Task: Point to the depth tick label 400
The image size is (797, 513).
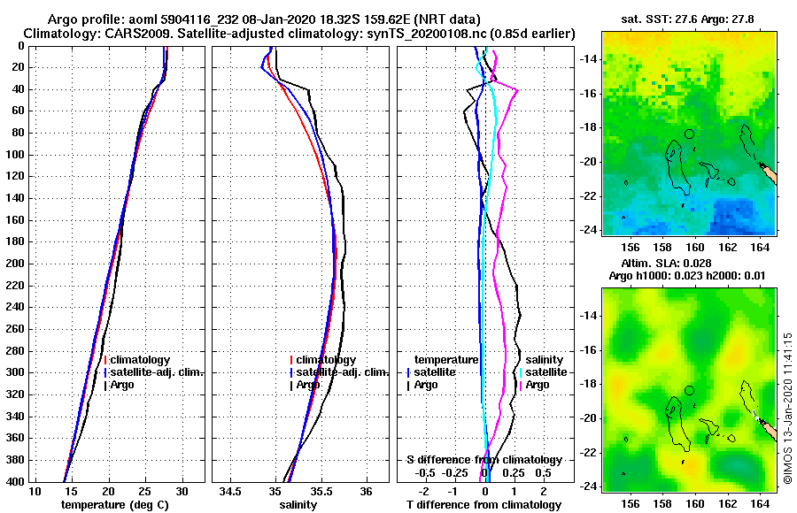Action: click(x=16, y=481)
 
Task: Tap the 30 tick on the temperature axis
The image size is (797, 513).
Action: click(x=182, y=491)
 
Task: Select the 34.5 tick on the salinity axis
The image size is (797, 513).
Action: click(x=231, y=491)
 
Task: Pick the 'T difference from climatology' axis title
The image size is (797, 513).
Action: click(x=484, y=504)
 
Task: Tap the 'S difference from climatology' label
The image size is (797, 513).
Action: click(x=484, y=459)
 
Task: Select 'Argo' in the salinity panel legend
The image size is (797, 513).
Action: click(x=308, y=385)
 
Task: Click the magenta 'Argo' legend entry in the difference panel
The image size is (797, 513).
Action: click(x=537, y=385)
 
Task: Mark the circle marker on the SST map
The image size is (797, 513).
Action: click(x=689, y=134)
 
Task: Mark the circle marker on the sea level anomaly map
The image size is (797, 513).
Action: click(x=689, y=390)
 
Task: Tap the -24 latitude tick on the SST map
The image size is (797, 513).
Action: click(x=588, y=229)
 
